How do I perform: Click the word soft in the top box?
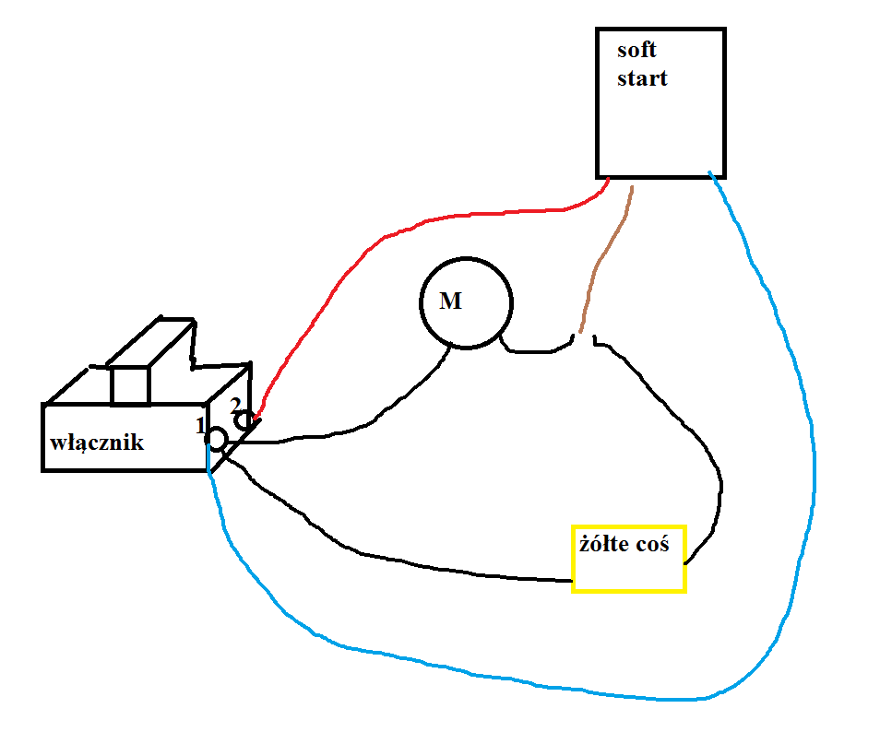point(636,50)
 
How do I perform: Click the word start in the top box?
point(642,78)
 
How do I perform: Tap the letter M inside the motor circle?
point(451,301)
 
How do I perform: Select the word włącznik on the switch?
point(97,443)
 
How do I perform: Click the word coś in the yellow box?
point(653,544)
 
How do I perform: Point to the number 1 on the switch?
point(200,426)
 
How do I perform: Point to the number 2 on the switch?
point(235,405)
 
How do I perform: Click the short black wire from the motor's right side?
point(533,351)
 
